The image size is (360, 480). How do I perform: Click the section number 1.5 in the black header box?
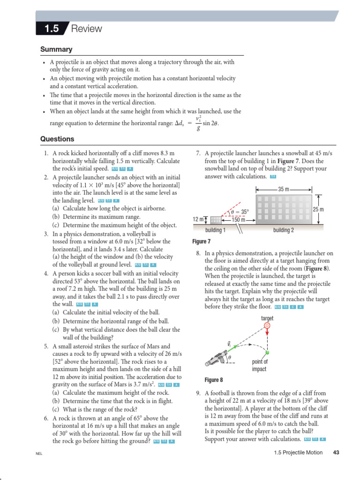[x=52, y=29]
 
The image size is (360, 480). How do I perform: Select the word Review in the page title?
[x=86, y=29]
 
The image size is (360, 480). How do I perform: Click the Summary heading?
[x=56, y=49]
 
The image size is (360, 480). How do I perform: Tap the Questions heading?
[x=57, y=139]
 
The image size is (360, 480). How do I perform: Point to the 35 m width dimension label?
[x=284, y=189]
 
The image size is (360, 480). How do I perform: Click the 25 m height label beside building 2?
[x=318, y=209]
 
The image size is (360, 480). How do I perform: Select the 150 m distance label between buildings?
[x=239, y=219]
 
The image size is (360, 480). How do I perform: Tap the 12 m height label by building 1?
[x=198, y=219]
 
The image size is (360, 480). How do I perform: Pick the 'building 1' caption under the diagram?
[x=216, y=230]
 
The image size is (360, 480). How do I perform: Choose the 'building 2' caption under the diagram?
[x=284, y=230]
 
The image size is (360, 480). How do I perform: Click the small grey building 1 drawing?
[x=216, y=220]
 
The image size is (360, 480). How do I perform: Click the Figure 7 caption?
[x=202, y=241]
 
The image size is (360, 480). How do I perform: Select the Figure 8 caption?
[x=214, y=380]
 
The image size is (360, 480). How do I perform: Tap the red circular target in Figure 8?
[x=267, y=325]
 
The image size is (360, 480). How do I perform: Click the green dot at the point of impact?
[x=267, y=352]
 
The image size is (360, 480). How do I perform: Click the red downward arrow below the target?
[x=267, y=337]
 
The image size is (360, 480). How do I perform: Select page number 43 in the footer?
[x=336, y=452]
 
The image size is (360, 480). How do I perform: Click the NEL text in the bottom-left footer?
[x=39, y=454]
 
